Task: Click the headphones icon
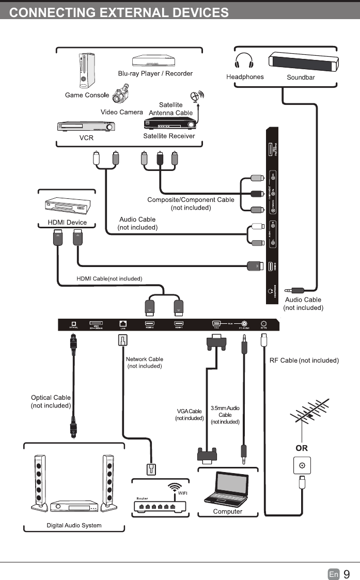click(x=244, y=60)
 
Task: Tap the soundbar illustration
click(x=304, y=61)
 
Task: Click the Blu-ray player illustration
click(x=155, y=61)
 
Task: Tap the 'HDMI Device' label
click(x=67, y=223)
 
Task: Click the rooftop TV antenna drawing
click(x=310, y=415)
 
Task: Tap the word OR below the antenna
click(x=301, y=448)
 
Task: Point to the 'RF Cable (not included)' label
click(x=304, y=360)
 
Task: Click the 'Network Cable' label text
click(x=144, y=359)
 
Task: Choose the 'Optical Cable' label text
click(x=51, y=398)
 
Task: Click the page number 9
click(x=347, y=574)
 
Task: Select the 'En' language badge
click(x=334, y=574)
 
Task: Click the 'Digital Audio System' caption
click(x=74, y=525)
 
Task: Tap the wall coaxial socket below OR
click(x=301, y=466)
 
